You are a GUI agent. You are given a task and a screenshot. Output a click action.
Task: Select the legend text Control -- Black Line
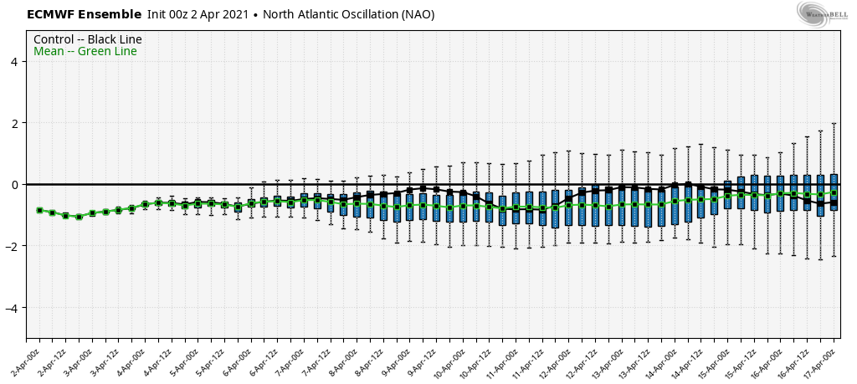point(88,39)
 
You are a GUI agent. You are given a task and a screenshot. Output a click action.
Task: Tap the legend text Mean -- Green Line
point(85,52)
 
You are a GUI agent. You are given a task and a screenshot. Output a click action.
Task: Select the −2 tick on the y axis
point(16,246)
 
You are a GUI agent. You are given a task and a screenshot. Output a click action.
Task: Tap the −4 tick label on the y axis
point(16,308)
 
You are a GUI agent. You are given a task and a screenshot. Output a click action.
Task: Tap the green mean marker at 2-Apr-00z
point(39,210)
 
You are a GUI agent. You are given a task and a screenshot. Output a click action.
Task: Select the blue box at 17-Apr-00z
point(834,192)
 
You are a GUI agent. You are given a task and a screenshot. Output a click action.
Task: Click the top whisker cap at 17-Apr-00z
point(834,124)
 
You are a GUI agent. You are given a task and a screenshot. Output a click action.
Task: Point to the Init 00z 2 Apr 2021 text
point(198,14)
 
